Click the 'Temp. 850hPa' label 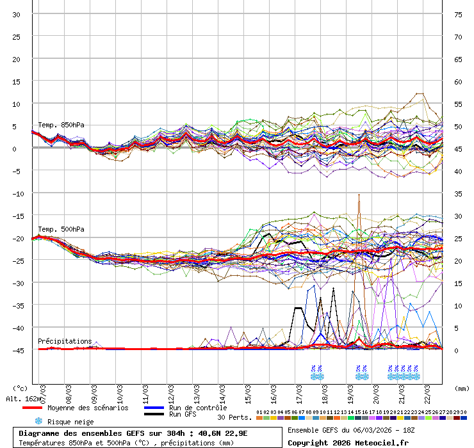[x=61, y=125]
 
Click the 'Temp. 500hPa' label [x=61, y=229]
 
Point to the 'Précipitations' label [x=65, y=341]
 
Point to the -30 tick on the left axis [x=17, y=283]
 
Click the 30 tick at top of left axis [x=17, y=14]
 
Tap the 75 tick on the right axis [x=458, y=14]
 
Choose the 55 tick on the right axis [x=458, y=104]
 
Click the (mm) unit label [x=462, y=388]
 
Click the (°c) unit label [x=20, y=388]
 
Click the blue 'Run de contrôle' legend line [x=154, y=408]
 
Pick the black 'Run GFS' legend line [x=154, y=415]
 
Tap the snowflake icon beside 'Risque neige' [x=38, y=421]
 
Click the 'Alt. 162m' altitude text [x=24, y=399]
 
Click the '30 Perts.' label [x=234, y=417]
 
